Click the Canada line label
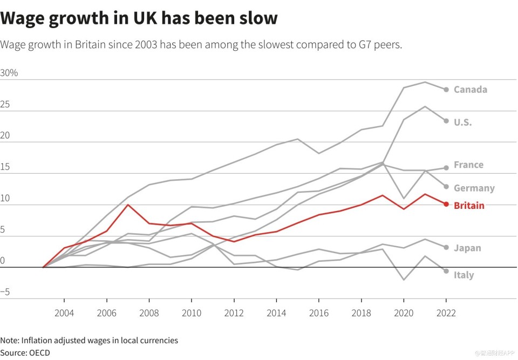click(x=470, y=90)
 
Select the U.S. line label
click(x=462, y=123)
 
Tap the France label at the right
click(x=468, y=165)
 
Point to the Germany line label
click(x=474, y=188)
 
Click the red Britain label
click(x=469, y=206)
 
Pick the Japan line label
click(x=467, y=248)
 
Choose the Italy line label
click(x=464, y=275)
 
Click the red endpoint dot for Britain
click(x=446, y=204)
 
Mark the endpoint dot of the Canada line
click(x=446, y=90)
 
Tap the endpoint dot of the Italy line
click(x=446, y=271)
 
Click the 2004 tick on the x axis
click(x=64, y=313)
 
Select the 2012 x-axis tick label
click(x=234, y=313)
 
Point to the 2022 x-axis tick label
click(x=446, y=313)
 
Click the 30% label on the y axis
click(x=9, y=73)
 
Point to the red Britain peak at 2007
click(x=128, y=205)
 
